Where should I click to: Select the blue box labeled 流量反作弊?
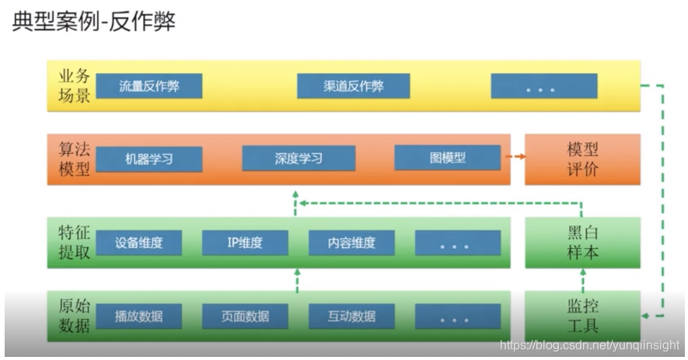(x=149, y=86)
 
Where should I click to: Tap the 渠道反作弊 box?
(x=354, y=86)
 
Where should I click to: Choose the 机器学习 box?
(x=149, y=159)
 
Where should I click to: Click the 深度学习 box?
(x=299, y=159)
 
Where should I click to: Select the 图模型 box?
(x=447, y=158)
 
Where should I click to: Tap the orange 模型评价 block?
(x=582, y=159)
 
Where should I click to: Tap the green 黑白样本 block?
(x=582, y=243)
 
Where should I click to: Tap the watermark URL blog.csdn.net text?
(x=590, y=344)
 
